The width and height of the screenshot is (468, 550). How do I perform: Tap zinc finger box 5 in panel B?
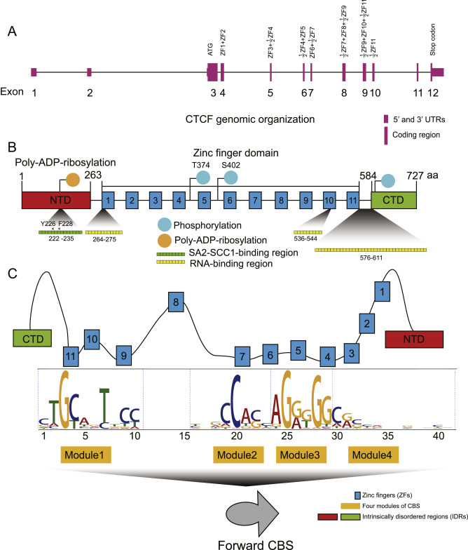(x=203, y=201)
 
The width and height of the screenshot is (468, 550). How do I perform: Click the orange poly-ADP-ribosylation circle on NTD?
(x=71, y=179)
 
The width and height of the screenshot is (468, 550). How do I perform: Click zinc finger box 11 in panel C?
(x=71, y=356)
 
